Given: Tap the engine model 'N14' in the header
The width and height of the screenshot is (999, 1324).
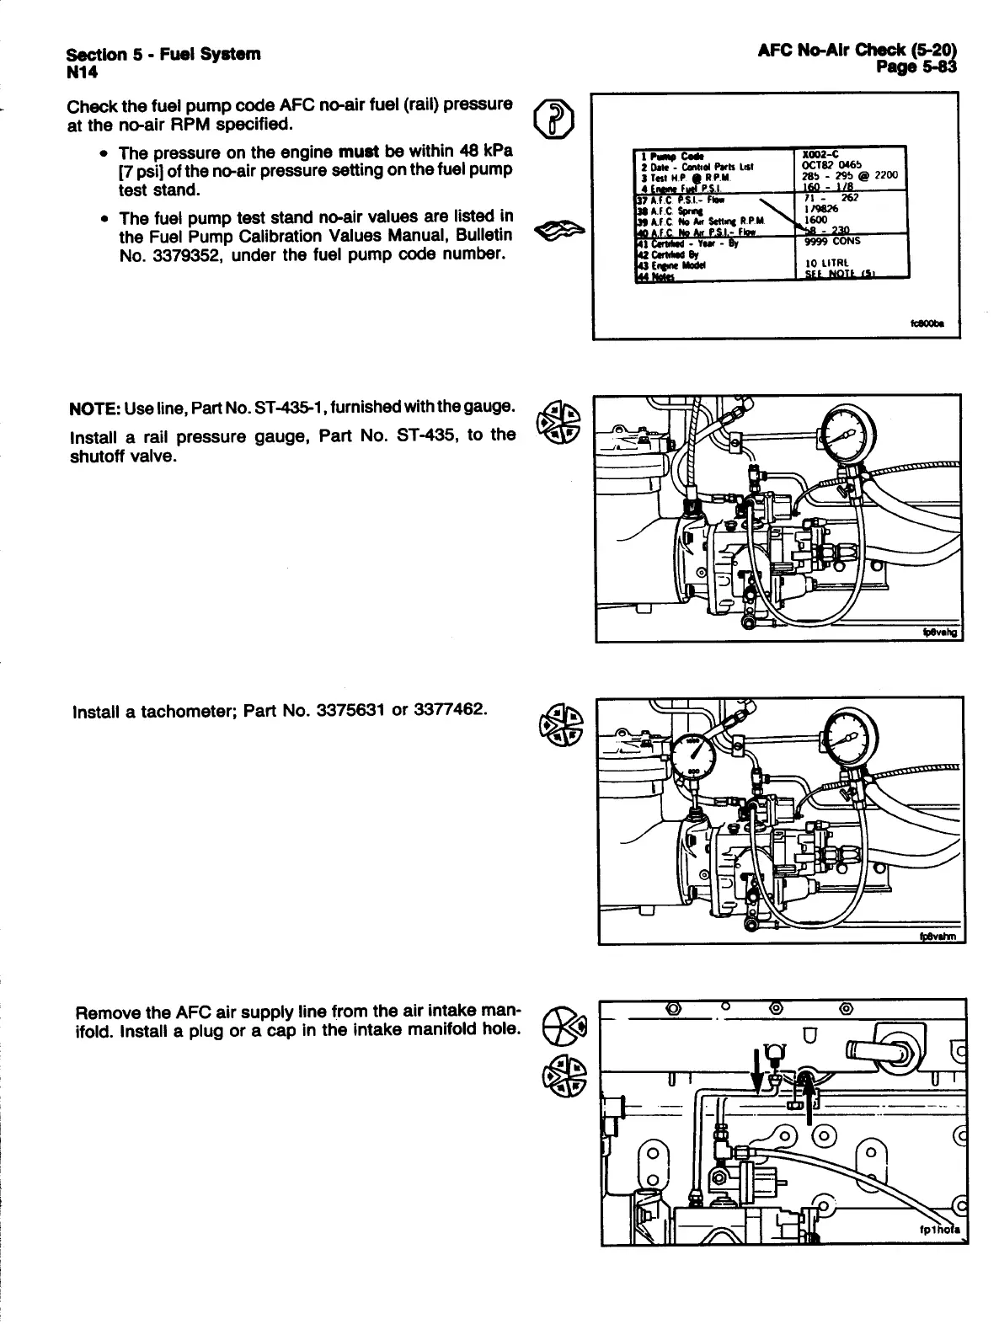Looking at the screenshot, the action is coord(83,72).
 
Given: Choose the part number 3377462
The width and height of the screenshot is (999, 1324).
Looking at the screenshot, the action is coord(447,710).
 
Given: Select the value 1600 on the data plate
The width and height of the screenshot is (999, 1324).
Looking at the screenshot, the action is coord(817,219).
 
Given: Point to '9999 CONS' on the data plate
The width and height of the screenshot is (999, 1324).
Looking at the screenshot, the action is coord(833,240).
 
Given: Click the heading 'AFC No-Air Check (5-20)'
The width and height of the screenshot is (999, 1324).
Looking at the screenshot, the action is coord(857,51).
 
